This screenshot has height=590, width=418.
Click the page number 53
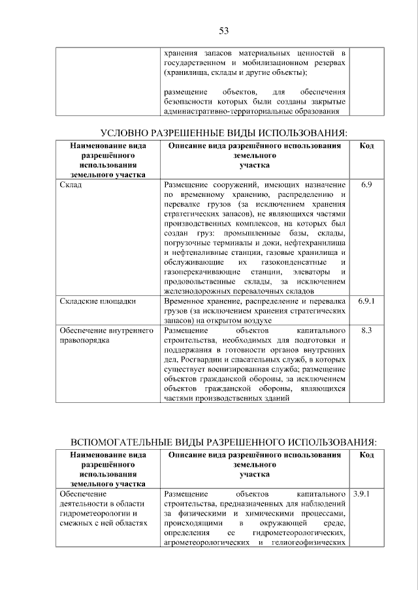coord(223,31)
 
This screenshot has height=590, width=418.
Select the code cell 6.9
coord(366,185)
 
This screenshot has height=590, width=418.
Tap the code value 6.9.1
coord(366,302)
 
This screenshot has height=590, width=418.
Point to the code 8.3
coord(366,331)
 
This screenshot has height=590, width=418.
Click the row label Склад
coord(70,185)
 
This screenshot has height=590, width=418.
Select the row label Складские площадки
coord(89,302)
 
